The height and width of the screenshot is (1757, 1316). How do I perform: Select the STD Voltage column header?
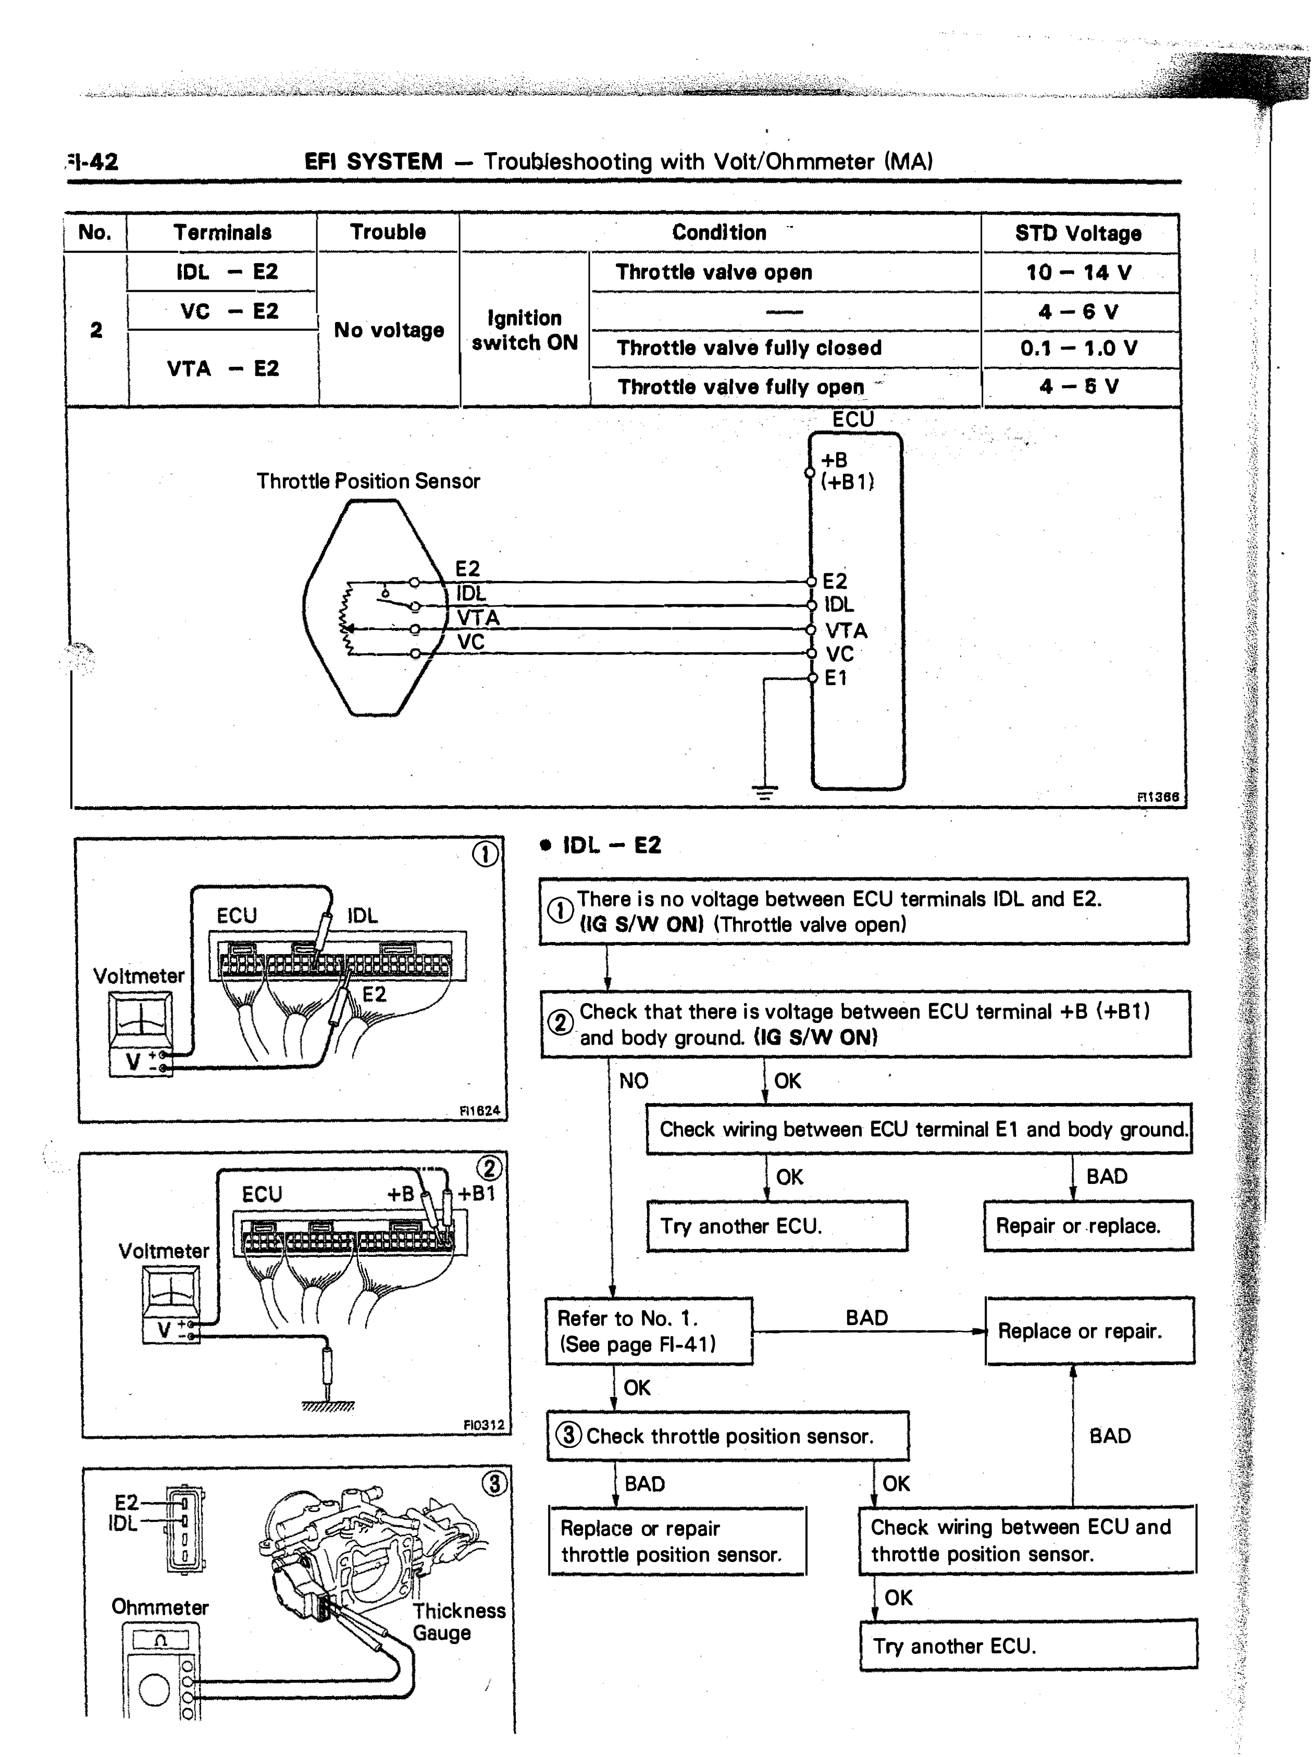coord(1078,233)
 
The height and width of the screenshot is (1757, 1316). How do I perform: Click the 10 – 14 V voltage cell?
coord(1078,273)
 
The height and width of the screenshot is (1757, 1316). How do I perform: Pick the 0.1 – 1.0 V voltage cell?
coord(1078,348)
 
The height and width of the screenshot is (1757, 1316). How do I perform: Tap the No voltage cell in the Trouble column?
coord(388,330)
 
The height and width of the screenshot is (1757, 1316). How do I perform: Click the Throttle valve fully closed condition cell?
coord(749,348)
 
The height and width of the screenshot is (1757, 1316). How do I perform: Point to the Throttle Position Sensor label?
coord(368,481)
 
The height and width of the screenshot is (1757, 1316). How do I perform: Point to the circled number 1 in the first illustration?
coord(485,854)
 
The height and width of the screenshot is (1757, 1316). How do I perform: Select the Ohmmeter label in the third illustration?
coord(159,1607)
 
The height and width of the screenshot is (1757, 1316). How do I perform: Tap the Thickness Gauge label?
coord(458,1622)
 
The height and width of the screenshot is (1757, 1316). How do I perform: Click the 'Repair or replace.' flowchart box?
coord(1088,1226)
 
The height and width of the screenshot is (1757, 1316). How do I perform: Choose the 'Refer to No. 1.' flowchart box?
coord(649,1331)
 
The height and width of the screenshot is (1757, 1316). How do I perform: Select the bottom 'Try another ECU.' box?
coord(1028,1647)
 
